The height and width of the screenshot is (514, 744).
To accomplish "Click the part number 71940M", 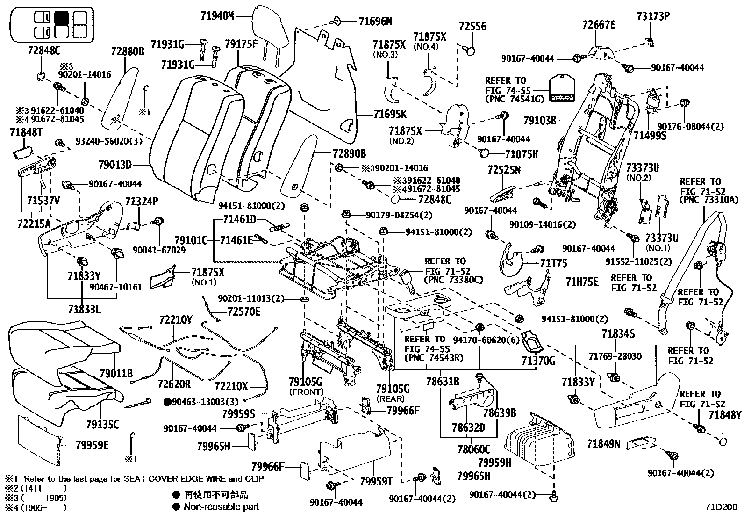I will [x=217, y=16].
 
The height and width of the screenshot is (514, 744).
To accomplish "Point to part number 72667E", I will [x=599, y=25].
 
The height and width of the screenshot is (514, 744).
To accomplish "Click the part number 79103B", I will [x=539, y=121].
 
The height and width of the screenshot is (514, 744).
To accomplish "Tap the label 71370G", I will [x=538, y=361].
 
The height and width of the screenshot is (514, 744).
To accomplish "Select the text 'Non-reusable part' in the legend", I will [x=221, y=507].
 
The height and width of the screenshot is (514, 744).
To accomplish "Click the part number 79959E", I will [x=92, y=445].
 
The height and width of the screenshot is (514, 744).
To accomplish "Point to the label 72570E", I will [x=244, y=311].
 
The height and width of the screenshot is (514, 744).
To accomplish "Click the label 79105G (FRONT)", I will [x=306, y=383].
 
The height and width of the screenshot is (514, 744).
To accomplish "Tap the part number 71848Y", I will [x=725, y=414].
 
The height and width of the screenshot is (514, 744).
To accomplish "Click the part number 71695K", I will [x=390, y=114].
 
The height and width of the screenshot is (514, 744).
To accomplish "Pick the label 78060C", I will [x=474, y=450].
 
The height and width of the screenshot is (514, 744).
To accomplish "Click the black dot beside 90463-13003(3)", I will [x=167, y=401].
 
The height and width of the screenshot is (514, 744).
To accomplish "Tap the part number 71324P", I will [x=142, y=202].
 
